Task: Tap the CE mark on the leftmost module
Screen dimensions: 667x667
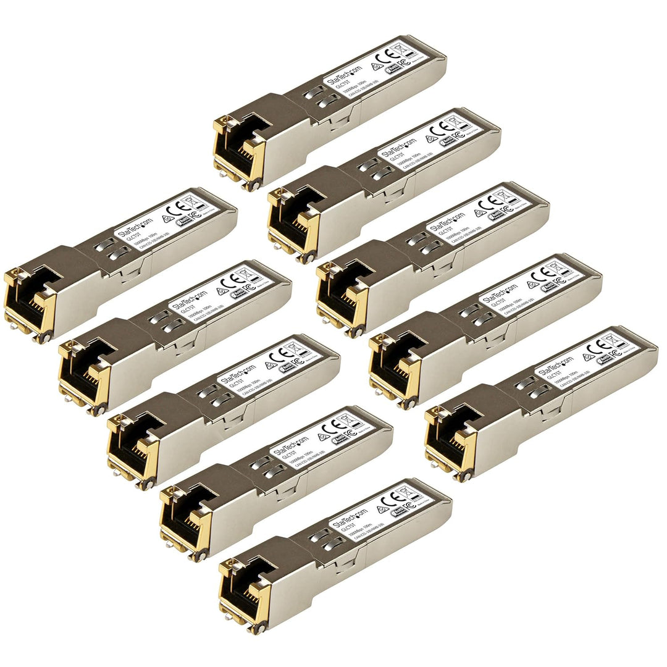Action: coord(182,209)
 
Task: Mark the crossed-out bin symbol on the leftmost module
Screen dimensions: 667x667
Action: coord(197,199)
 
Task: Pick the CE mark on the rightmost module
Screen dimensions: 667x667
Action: coord(602,347)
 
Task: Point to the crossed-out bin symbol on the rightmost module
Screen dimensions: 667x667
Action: coord(618,337)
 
